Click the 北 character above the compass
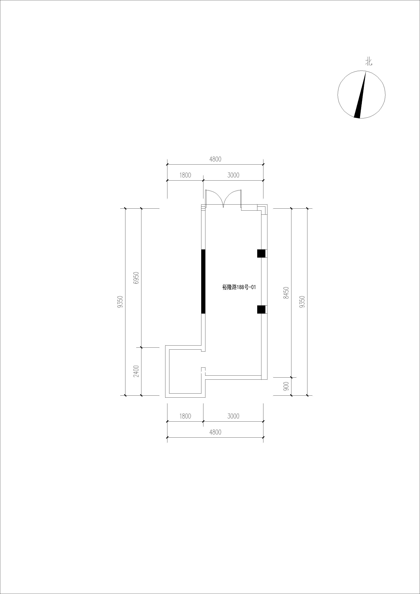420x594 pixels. (369, 62)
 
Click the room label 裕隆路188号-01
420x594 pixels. (239, 287)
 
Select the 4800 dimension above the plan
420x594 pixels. (215, 159)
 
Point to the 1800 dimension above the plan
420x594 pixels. (185, 175)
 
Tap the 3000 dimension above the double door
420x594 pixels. (233, 175)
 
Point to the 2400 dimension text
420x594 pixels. (136, 371)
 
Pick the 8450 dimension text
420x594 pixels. (286, 293)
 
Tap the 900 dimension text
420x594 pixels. (286, 386)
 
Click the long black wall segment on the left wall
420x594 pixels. (203, 281)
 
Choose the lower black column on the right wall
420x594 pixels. (261, 309)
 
